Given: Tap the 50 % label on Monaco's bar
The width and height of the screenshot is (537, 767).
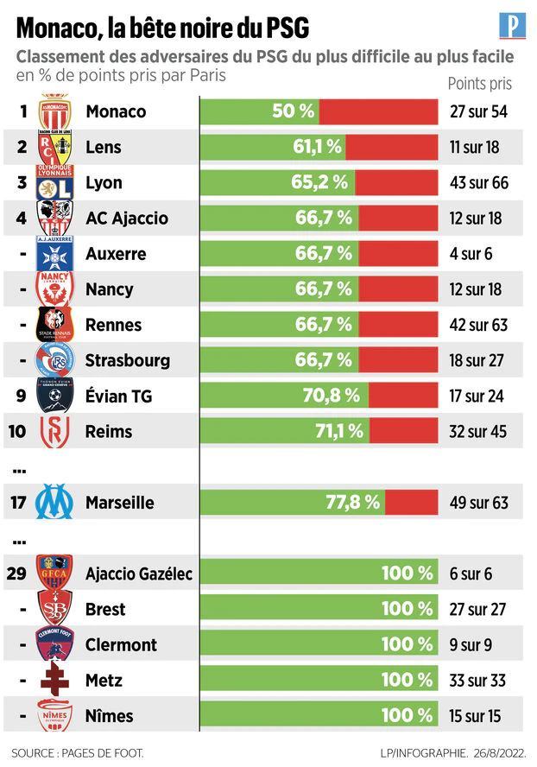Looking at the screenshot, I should (294, 111).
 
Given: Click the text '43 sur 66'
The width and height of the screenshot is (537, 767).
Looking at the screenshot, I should (479, 182).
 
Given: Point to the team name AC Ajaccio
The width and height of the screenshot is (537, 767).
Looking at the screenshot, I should (126, 219).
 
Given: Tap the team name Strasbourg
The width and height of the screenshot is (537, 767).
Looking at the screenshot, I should (128, 360).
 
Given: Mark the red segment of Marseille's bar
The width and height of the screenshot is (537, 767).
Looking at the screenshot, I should (411, 502).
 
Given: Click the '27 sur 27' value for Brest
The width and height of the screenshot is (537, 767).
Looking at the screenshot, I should (479, 608).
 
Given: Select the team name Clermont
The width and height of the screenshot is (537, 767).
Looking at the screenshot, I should (121, 644).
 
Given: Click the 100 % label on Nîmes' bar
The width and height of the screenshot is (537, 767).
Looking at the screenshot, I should (407, 715).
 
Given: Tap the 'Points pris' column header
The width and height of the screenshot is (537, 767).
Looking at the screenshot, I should (479, 84).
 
